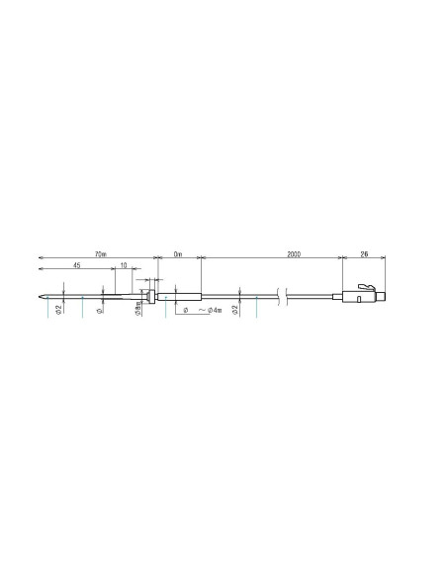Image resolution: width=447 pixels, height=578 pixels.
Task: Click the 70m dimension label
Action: pos(99,254)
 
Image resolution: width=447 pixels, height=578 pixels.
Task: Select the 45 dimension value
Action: pos(77,266)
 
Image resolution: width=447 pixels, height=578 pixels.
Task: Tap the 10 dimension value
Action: pos(123,266)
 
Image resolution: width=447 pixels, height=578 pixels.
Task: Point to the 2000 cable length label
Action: pos(294,254)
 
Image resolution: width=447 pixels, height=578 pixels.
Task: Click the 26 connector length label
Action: pos(365,254)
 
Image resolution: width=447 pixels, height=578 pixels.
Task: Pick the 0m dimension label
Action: pos(178,254)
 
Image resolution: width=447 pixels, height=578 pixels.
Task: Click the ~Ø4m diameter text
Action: pos(209,310)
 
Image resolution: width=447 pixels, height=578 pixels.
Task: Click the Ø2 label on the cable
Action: pos(234,309)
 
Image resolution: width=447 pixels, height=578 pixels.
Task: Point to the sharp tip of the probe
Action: pos(41,295)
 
